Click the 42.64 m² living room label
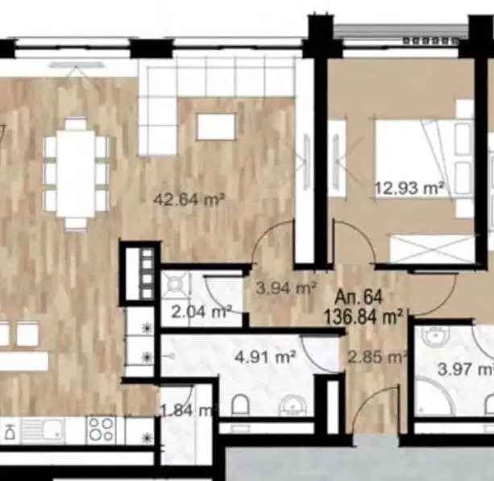(x=189, y=200)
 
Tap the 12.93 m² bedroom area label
(x=409, y=189)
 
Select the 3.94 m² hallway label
(x=286, y=288)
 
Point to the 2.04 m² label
(x=201, y=312)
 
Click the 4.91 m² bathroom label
(x=265, y=357)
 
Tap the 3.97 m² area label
(x=466, y=369)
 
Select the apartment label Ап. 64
(x=359, y=297)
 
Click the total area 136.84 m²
(x=363, y=317)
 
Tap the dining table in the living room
(x=76, y=173)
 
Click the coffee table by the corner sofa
(x=216, y=126)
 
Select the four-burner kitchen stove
(x=101, y=429)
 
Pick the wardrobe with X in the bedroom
(x=432, y=249)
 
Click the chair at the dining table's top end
(x=76, y=123)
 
